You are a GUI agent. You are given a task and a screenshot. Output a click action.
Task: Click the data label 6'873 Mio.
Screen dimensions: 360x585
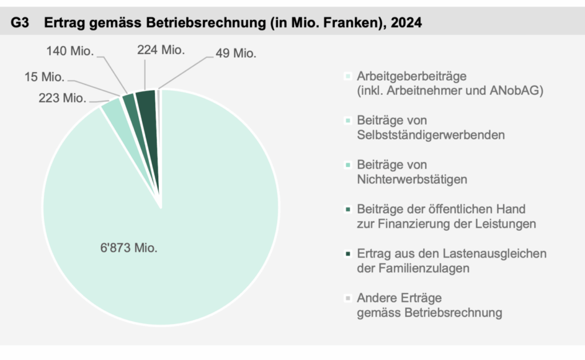point(129,249)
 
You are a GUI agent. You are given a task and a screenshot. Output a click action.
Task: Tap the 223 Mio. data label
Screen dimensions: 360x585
point(62,98)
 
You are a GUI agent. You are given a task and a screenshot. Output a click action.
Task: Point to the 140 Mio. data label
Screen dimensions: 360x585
point(70,51)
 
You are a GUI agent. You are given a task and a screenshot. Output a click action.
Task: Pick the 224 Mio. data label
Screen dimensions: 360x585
point(161,50)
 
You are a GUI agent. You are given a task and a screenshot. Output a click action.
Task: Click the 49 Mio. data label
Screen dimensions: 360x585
point(236,54)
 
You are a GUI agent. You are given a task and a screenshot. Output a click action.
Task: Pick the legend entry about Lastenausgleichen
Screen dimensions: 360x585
point(451,253)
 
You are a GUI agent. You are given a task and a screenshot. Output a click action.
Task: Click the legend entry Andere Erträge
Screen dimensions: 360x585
point(399,298)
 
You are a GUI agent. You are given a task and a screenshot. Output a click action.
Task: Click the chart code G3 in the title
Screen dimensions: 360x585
point(21,22)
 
